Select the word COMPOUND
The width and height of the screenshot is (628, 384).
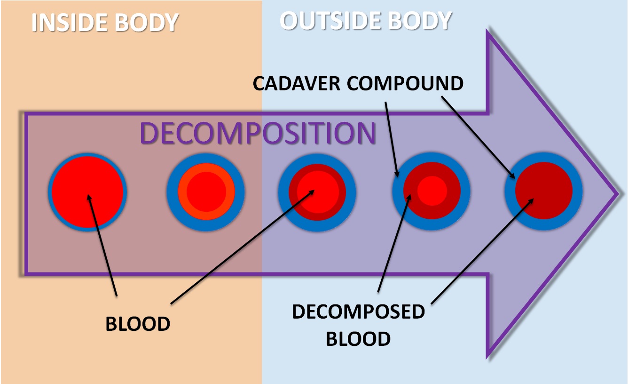(407, 83)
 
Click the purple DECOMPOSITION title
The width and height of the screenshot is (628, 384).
(258, 133)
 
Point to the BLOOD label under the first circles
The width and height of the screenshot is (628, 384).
(137, 324)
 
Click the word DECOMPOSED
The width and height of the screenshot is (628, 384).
(358, 312)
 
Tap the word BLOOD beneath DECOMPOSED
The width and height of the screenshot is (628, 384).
(358, 338)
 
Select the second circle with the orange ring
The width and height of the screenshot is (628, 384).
(205, 192)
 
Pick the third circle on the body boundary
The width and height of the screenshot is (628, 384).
(317, 192)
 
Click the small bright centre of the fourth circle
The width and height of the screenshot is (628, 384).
(432, 191)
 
